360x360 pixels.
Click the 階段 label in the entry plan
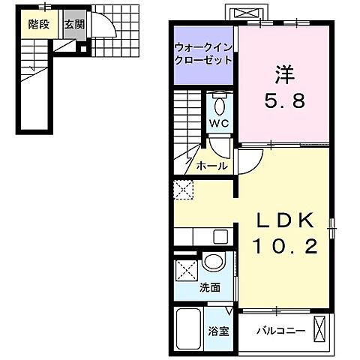(x=38, y=25)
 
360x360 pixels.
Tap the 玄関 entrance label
(x=73, y=25)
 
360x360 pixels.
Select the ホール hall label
(x=212, y=166)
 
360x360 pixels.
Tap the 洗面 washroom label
(x=210, y=286)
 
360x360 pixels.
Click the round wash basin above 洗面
(x=212, y=263)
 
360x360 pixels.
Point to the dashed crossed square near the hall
(x=184, y=190)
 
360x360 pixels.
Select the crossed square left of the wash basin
(x=187, y=270)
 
